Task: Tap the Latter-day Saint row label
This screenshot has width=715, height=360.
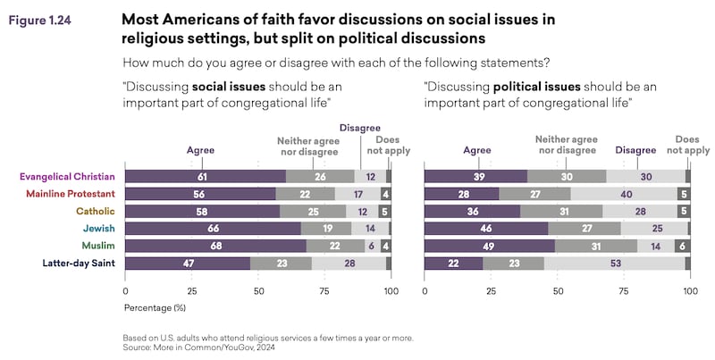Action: coord(80,263)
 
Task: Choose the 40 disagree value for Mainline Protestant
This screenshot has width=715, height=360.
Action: coord(627,193)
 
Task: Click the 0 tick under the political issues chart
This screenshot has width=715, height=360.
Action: coord(425,291)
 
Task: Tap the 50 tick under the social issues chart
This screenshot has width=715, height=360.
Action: coord(258,291)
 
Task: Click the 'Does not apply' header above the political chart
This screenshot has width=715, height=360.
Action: coord(692,145)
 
